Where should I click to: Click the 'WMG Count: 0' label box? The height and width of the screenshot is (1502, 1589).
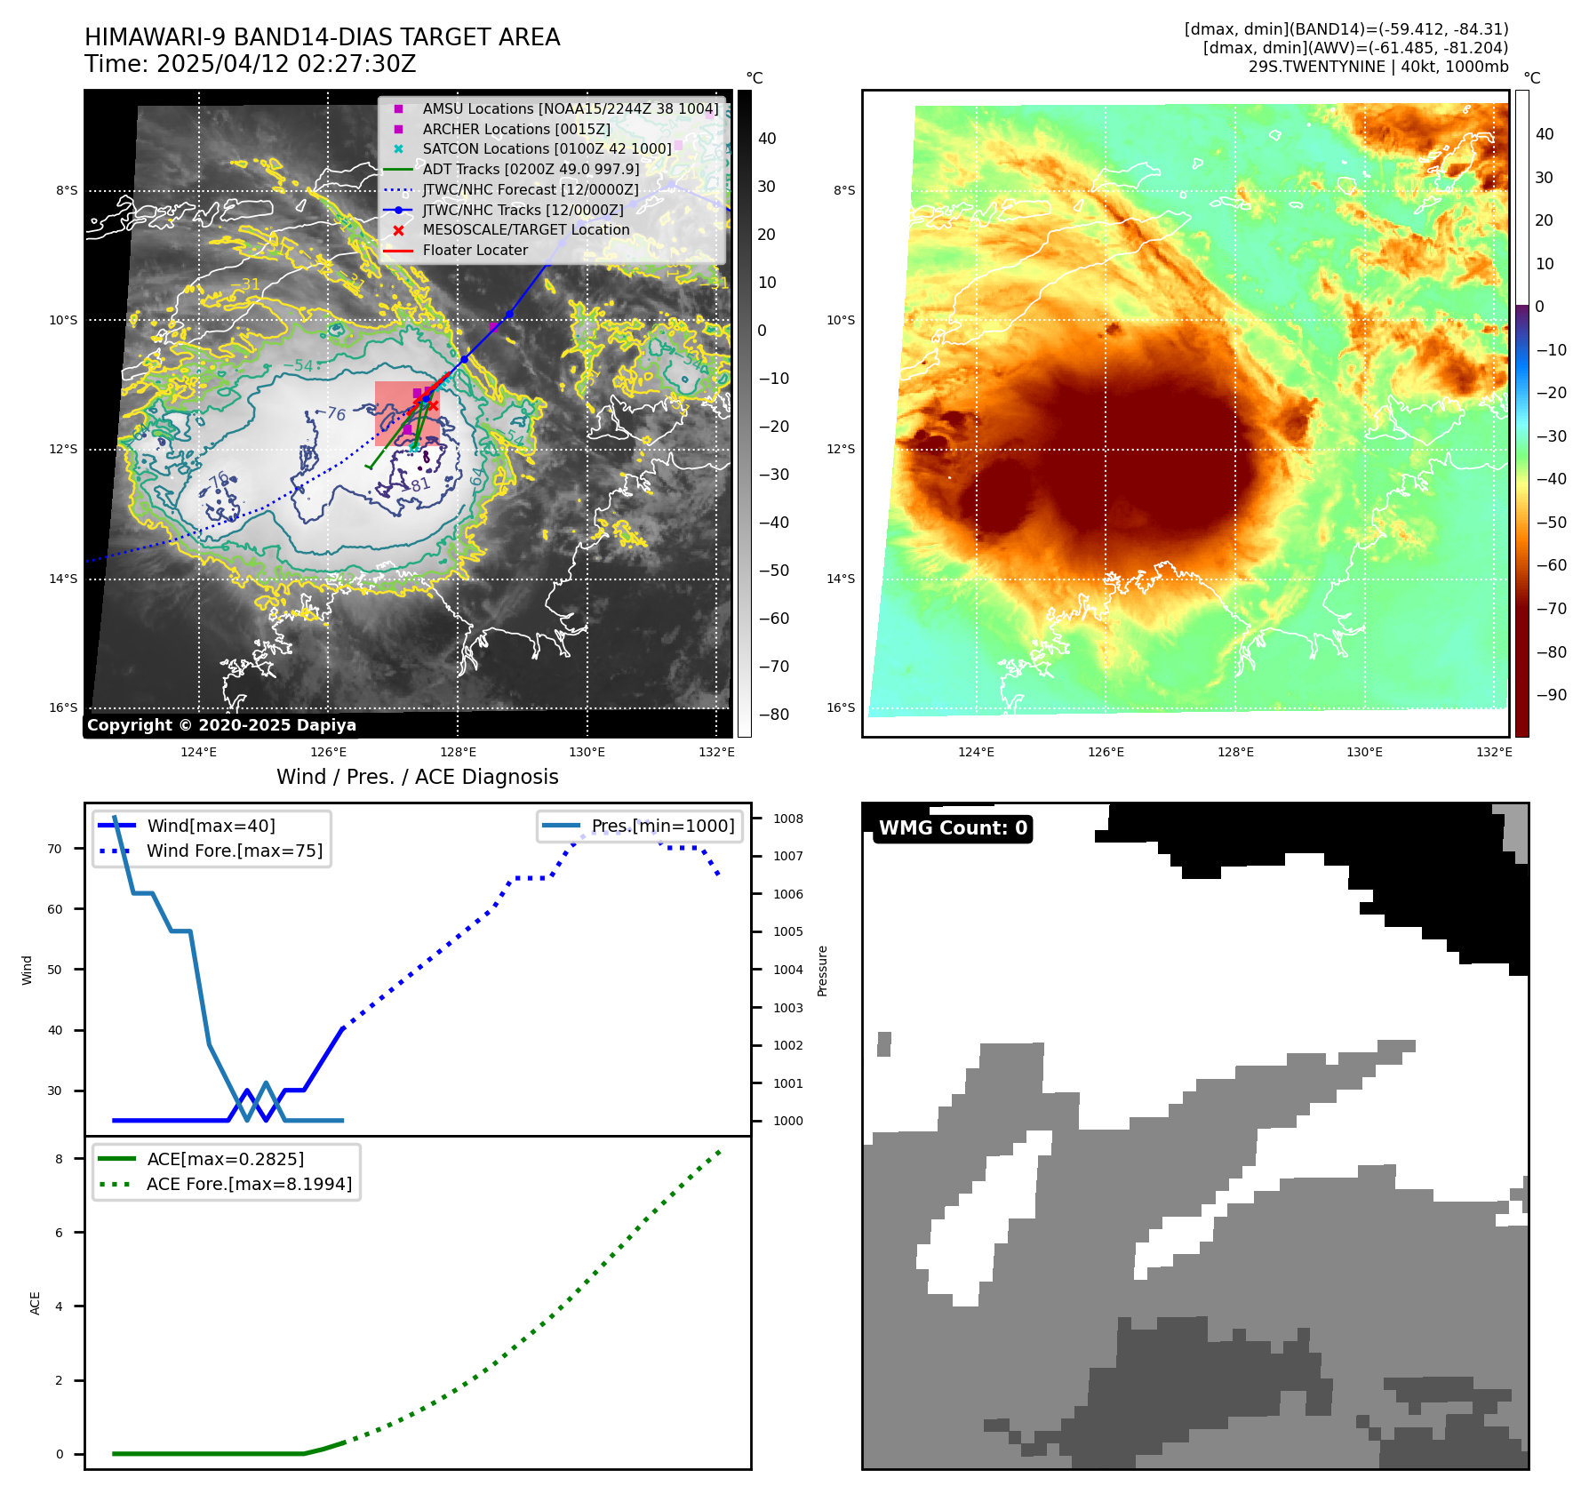point(953,828)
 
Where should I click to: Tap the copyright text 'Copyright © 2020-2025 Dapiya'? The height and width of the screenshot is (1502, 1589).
point(221,725)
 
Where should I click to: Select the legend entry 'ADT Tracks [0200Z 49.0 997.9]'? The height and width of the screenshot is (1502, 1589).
point(531,169)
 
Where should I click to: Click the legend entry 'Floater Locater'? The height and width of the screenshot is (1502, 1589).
point(475,250)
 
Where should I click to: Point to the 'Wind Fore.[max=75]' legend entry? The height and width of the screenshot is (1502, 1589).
point(235,851)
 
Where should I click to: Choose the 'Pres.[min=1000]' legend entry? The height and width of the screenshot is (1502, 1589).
point(663,826)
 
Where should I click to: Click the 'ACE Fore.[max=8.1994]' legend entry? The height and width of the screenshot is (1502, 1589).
point(249,1184)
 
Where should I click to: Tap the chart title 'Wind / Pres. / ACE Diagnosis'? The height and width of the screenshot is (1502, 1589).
point(418,777)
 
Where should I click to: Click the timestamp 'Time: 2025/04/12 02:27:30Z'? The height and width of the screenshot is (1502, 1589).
point(251,64)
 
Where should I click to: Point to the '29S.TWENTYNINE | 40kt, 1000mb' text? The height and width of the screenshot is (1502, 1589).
point(1378,67)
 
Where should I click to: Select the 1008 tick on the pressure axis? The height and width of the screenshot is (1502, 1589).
point(788,819)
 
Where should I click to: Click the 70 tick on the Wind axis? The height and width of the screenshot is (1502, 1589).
point(54,849)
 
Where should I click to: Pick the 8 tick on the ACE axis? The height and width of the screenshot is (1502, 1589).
point(60,1159)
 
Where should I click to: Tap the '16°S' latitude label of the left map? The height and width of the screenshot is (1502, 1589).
point(63,707)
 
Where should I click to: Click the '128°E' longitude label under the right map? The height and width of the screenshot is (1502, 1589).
point(1235,752)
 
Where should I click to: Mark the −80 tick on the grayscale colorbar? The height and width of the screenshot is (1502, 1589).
point(773,715)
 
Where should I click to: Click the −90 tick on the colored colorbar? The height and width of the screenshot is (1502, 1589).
point(1551,695)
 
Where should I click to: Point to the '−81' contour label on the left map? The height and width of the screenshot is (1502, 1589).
point(419,485)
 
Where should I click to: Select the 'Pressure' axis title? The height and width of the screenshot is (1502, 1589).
point(822,971)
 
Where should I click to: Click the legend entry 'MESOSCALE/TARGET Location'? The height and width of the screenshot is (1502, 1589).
point(525,229)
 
